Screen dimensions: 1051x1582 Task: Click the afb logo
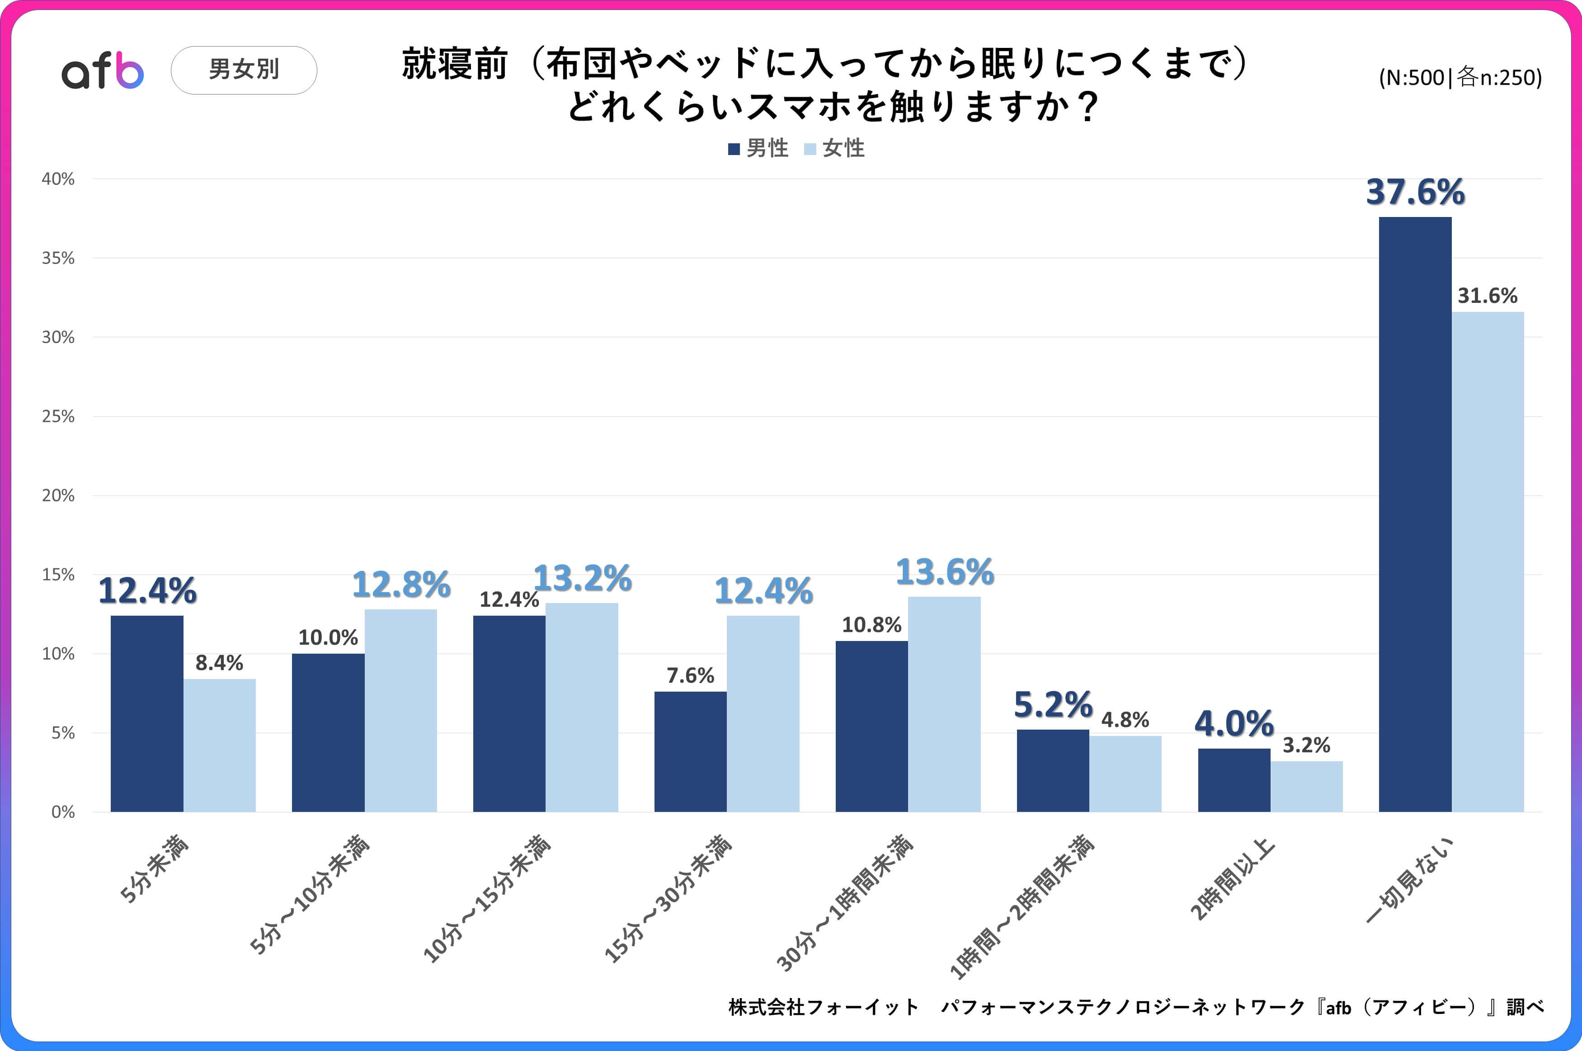click(x=103, y=71)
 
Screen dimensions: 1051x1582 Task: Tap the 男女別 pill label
click(x=244, y=70)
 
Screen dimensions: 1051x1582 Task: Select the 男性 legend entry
click(x=759, y=148)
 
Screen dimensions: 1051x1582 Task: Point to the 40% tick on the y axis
click(x=58, y=179)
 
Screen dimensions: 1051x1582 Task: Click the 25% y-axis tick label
click(x=58, y=416)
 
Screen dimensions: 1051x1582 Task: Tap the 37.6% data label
click(x=1415, y=193)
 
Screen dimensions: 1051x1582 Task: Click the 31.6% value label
click(x=1488, y=296)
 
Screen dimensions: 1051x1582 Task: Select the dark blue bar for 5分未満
click(x=147, y=713)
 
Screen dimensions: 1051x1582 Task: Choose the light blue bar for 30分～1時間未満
click(x=944, y=704)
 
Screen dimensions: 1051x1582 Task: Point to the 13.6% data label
click(x=945, y=572)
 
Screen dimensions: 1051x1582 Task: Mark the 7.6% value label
click(x=690, y=676)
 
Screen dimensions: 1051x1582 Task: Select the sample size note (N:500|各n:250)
click(x=1460, y=78)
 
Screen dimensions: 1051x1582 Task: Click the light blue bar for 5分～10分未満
click(x=400, y=711)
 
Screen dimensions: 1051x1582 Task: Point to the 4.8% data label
click(x=1125, y=720)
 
